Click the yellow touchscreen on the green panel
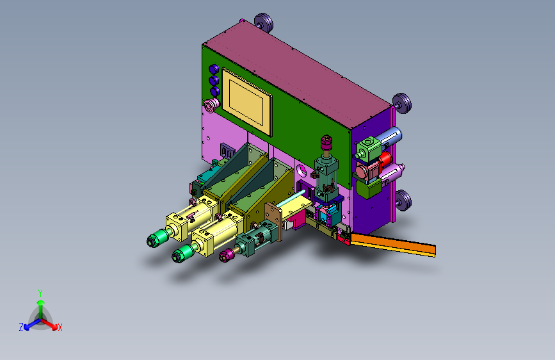tap(246, 102)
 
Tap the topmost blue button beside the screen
tap(214, 69)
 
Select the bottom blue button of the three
tap(215, 92)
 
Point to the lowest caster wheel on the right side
tap(403, 200)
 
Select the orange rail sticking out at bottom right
tap(393, 245)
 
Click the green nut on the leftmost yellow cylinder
tap(157, 238)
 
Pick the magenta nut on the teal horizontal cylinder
tap(227, 255)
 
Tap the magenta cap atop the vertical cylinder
tap(326, 142)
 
